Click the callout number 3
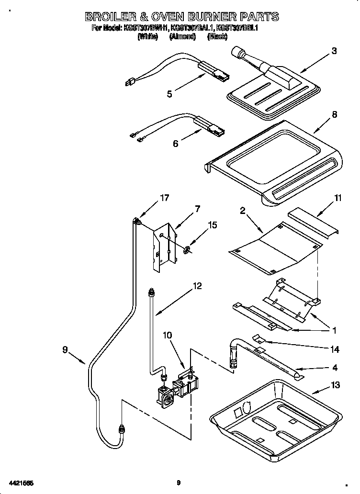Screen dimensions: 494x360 334,51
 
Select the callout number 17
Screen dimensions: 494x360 164,198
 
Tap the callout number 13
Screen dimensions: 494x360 335,385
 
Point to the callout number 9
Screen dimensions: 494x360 65,350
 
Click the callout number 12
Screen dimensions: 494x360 197,286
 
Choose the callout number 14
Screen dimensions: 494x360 335,350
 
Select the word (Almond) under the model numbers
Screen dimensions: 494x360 181,36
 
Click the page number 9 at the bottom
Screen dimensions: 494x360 178,483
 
